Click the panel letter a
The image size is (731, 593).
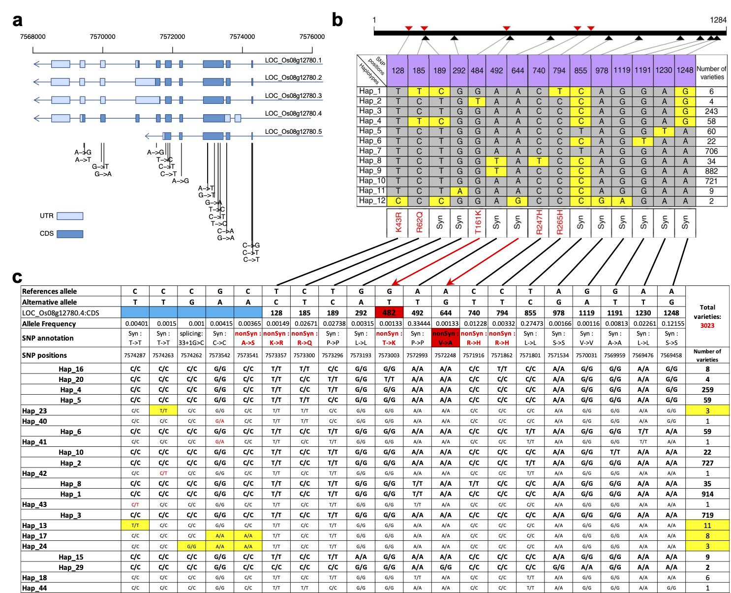(18, 21)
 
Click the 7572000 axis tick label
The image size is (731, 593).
(172, 36)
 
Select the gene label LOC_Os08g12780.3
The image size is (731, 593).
(293, 95)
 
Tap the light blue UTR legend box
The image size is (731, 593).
(70, 216)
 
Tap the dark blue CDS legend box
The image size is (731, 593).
(70, 234)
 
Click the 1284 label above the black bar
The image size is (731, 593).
(718, 20)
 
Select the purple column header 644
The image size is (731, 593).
(518, 70)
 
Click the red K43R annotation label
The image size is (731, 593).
(398, 222)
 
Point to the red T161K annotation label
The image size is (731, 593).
(477, 222)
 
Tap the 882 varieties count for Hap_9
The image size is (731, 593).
(711, 171)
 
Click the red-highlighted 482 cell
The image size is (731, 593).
(389, 312)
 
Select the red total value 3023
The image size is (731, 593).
(707, 325)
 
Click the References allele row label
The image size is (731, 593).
(49, 291)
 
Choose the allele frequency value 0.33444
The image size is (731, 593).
(417, 324)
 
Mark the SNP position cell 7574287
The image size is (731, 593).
(135, 355)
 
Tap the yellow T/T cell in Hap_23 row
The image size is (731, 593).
(163, 410)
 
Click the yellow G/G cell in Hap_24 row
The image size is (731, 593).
(191, 546)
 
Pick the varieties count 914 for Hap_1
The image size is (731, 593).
(707, 494)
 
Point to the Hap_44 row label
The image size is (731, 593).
(34, 588)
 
